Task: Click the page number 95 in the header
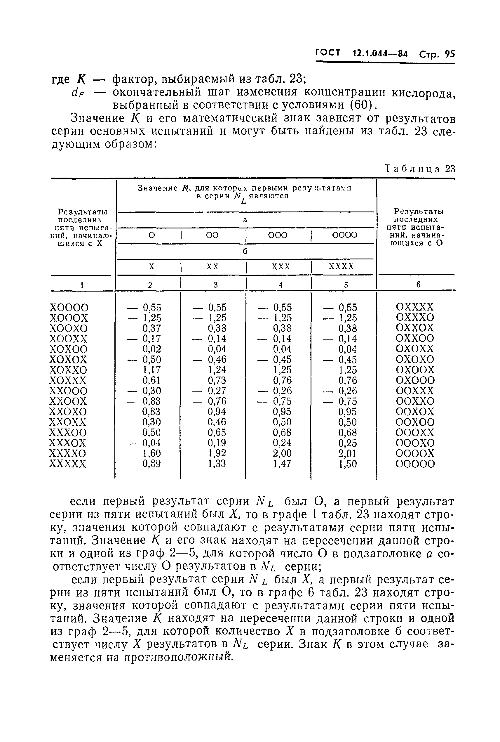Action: tap(450, 54)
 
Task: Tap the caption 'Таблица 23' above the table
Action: tap(420, 169)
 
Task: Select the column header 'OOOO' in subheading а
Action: tap(345, 235)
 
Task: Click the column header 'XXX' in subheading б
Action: tap(281, 266)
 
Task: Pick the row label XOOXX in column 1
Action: tap(68, 339)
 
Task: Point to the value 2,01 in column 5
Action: tap(348, 453)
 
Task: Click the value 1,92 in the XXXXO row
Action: tap(217, 453)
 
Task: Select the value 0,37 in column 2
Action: tap(152, 328)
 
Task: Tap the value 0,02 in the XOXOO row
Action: tap(152, 349)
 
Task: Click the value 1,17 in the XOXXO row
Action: tap(152, 370)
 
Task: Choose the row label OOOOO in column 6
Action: tap(415, 464)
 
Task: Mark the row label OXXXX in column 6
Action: tap(415, 307)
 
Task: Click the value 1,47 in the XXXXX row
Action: tap(282, 464)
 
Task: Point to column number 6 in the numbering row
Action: tap(418, 285)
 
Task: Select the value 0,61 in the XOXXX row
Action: tap(152, 380)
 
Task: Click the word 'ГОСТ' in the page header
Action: tap(328, 53)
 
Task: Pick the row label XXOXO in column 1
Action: tap(68, 412)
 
